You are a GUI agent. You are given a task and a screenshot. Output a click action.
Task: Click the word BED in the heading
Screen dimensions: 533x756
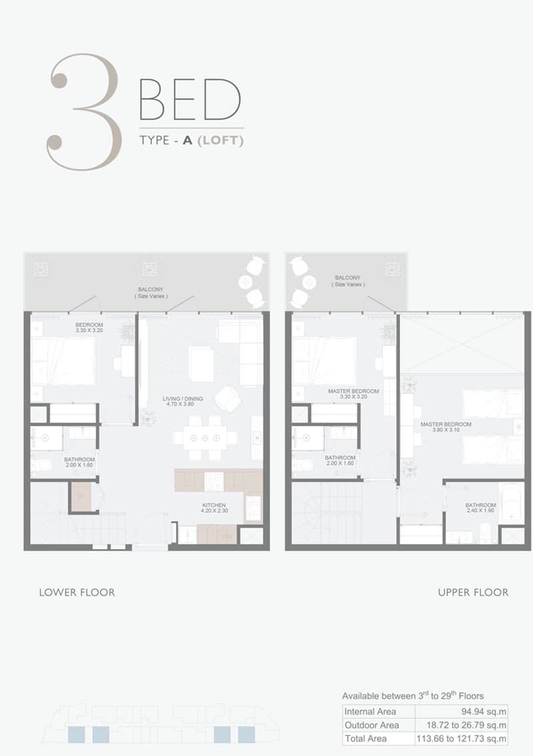[x=191, y=100]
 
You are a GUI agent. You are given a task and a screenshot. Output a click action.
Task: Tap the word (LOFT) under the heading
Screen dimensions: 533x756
[x=221, y=140]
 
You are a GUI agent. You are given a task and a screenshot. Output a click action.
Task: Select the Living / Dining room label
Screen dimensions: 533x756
[x=183, y=401]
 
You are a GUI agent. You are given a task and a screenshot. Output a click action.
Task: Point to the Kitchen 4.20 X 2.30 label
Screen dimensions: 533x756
[x=214, y=508]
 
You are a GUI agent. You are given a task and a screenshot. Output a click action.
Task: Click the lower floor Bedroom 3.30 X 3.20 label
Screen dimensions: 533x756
[x=89, y=328]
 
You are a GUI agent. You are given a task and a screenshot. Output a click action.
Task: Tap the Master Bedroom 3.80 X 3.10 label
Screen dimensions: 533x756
[x=446, y=427]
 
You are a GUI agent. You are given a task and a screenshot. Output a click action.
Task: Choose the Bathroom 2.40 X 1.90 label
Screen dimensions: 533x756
[x=480, y=508]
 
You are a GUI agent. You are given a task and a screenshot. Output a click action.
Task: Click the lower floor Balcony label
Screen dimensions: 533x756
[x=151, y=293]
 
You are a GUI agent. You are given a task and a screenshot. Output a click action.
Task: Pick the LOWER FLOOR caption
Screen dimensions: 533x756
[x=77, y=593]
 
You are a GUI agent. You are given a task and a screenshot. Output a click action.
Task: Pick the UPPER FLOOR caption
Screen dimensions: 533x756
[x=473, y=593]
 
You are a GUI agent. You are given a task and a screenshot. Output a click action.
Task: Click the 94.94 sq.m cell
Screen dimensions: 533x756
[x=483, y=711]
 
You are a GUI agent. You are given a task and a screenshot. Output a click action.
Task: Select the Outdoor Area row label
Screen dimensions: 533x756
[x=372, y=725]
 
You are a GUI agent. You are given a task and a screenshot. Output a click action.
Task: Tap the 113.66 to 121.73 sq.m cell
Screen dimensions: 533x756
[x=462, y=739]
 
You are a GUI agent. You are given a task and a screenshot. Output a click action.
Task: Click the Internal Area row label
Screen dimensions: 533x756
[x=370, y=711]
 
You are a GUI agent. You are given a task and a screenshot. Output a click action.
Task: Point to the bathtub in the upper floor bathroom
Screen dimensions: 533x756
[x=511, y=503]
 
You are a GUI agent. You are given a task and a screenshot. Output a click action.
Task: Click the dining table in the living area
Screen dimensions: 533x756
[x=205, y=438]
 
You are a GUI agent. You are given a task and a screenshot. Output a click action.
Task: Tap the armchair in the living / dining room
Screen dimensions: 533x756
[x=228, y=399]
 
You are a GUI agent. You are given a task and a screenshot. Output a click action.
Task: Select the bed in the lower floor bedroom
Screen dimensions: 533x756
[x=63, y=361]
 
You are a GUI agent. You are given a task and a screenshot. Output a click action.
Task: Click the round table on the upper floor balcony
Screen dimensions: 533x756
[x=308, y=282]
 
